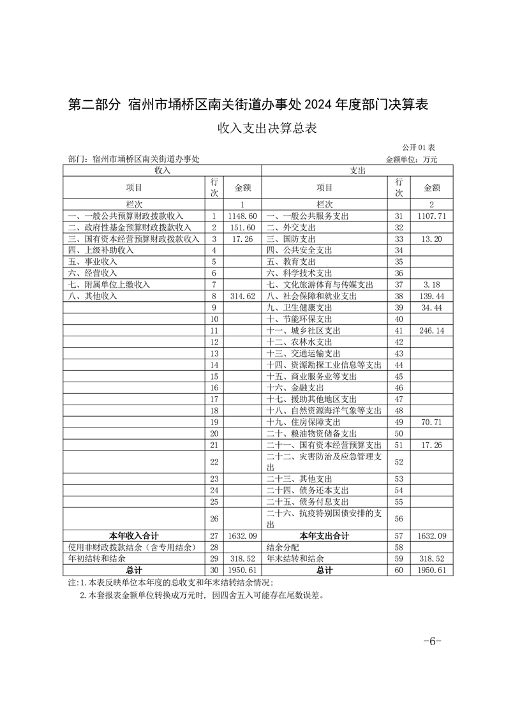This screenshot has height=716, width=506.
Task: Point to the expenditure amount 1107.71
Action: click(432, 216)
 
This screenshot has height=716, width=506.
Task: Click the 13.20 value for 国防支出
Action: click(432, 239)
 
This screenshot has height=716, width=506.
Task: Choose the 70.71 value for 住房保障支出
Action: click(432, 422)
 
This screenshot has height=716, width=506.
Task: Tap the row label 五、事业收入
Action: click(92, 262)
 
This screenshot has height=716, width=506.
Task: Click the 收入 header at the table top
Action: click(162, 170)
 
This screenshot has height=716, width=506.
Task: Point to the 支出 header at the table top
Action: click(357, 170)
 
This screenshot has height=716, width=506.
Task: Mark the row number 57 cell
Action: click(399, 535)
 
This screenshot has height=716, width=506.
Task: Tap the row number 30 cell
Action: click(214, 570)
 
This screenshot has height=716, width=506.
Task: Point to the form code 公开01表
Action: click(419, 147)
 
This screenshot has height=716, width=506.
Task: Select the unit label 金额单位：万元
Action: click(412, 159)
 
